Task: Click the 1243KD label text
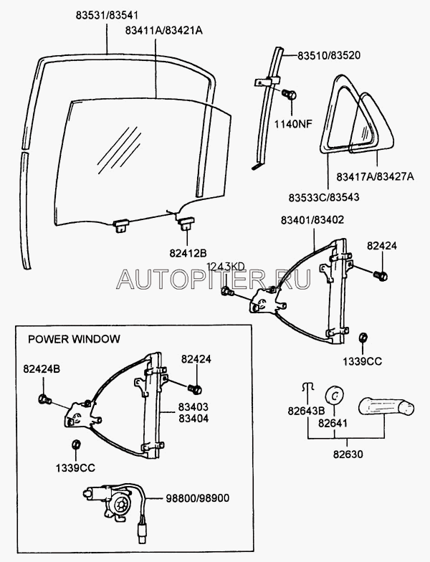226,267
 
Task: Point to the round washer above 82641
334,395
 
